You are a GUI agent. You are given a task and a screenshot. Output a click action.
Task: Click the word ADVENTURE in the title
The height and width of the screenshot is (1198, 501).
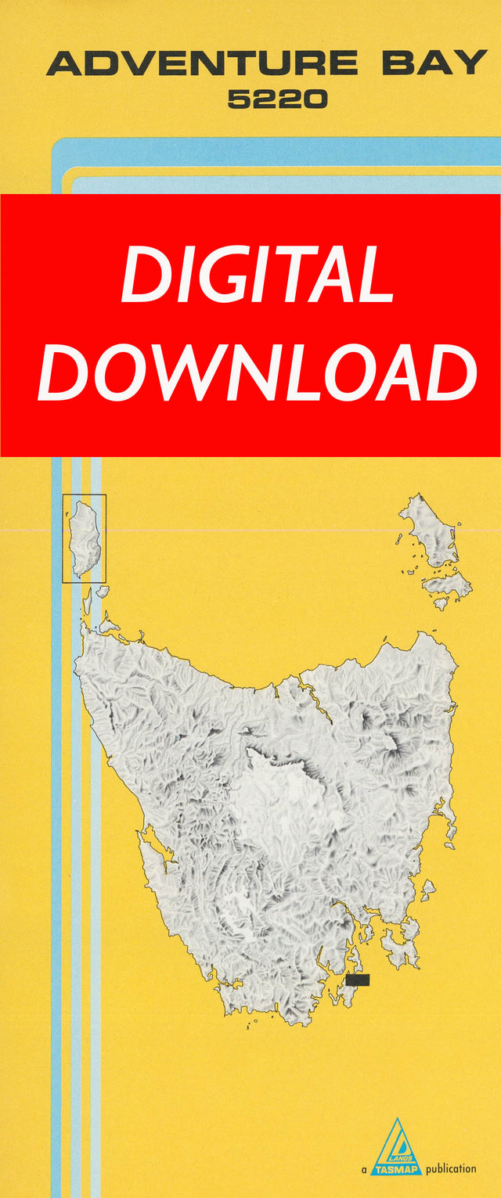[x=202, y=63]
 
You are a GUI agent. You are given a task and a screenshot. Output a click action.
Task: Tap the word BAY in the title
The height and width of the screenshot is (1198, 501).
[x=434, y=63]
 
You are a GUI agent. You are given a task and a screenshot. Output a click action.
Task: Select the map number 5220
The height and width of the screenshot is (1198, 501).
[x=277, y=99]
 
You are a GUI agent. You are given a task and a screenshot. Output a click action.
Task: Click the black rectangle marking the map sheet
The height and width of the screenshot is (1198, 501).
[x=357, y=980]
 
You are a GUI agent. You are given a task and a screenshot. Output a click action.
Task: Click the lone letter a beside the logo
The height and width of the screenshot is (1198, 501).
[x=364, y=1169]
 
